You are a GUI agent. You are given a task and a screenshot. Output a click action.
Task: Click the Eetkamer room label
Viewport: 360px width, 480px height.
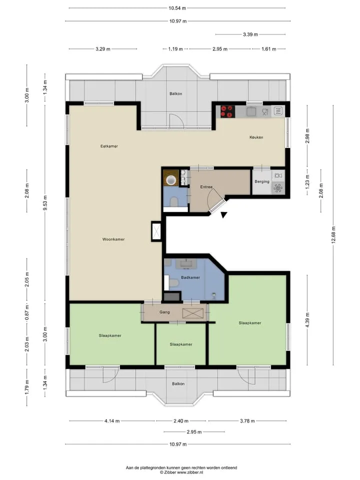109,146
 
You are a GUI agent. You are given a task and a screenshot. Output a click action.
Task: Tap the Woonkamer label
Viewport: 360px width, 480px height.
113,239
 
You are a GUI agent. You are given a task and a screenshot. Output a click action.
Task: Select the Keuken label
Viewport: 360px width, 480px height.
256,137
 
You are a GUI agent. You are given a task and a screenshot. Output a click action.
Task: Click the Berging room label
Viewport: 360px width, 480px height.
262,181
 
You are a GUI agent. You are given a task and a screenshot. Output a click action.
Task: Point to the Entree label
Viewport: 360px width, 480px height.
206,186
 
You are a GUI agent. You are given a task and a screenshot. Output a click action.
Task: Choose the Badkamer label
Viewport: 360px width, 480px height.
190,277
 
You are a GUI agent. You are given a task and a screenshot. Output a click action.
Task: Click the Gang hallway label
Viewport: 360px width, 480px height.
164,312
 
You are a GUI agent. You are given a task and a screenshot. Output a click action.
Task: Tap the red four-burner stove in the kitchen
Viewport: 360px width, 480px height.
228,111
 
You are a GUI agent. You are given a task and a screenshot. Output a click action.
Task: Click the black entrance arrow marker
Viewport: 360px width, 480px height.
224,215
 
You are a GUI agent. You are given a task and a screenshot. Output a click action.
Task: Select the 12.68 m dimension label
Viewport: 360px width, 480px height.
333,235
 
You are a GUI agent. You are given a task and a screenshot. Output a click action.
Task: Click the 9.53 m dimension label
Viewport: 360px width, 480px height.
45,203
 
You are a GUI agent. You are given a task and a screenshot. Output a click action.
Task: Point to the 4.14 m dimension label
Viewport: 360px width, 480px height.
111,421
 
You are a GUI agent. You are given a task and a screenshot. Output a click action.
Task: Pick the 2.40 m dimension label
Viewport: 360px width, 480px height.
181,421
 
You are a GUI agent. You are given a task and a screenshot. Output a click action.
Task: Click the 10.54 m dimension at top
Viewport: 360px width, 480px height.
177,8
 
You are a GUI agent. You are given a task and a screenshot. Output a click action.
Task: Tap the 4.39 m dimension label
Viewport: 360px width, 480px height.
307,320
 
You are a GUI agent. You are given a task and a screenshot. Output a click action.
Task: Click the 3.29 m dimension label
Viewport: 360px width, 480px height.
103,49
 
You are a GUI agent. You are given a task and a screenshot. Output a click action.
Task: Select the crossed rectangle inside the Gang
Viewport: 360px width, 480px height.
193,313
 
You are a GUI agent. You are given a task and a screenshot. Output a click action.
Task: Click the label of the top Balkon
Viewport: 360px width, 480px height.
175,93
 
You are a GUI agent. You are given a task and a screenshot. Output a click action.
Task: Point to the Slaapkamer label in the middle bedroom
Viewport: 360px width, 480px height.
181,344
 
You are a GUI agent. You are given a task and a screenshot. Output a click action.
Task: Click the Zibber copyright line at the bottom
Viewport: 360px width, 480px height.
181,472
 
